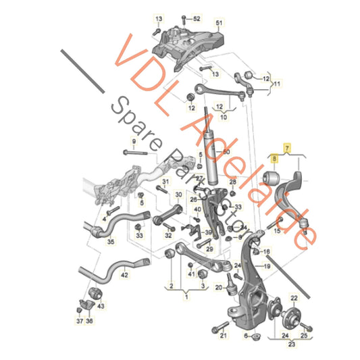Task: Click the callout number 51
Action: tap(218, 24)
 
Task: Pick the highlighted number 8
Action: tap(274, 159)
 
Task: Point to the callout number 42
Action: tap(124, 274)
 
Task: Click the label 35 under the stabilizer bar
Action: tap(111, 241)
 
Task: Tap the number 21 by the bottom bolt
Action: tap(224, 336)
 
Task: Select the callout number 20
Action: tap(217, 288)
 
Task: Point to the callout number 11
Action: tap(275, 83)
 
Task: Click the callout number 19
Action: tap(267, 266)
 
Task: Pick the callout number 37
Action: tap(80, 322)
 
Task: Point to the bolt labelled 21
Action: tap(217, 330)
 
